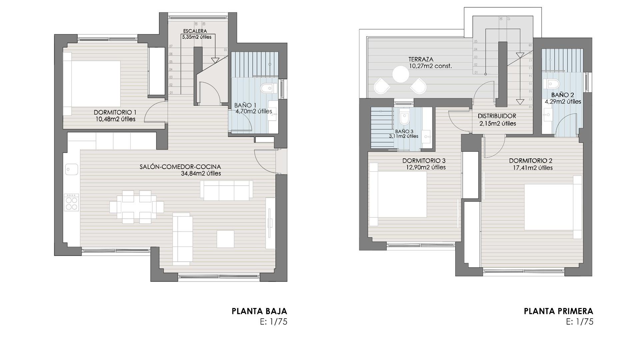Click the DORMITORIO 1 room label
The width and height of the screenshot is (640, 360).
tap(115, 112)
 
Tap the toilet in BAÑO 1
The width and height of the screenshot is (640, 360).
tap(269, 88)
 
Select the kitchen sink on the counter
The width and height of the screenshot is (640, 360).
tap(71, 169)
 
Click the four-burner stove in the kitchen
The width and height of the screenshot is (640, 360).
tap(71, 203)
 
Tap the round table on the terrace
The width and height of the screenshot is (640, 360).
tap(401, 74)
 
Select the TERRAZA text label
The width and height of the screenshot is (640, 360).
tap(421, 60)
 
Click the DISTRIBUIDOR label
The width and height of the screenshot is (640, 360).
tap(497, 116)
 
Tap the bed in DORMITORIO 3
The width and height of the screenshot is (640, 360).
tap(398, 194)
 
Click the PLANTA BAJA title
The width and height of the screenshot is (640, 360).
tap(259, 311)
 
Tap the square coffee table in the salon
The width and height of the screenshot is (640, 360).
tap(225, 239)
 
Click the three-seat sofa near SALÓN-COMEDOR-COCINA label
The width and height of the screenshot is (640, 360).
tap(227, 190)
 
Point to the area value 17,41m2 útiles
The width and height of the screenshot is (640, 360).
tap(533, 168)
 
